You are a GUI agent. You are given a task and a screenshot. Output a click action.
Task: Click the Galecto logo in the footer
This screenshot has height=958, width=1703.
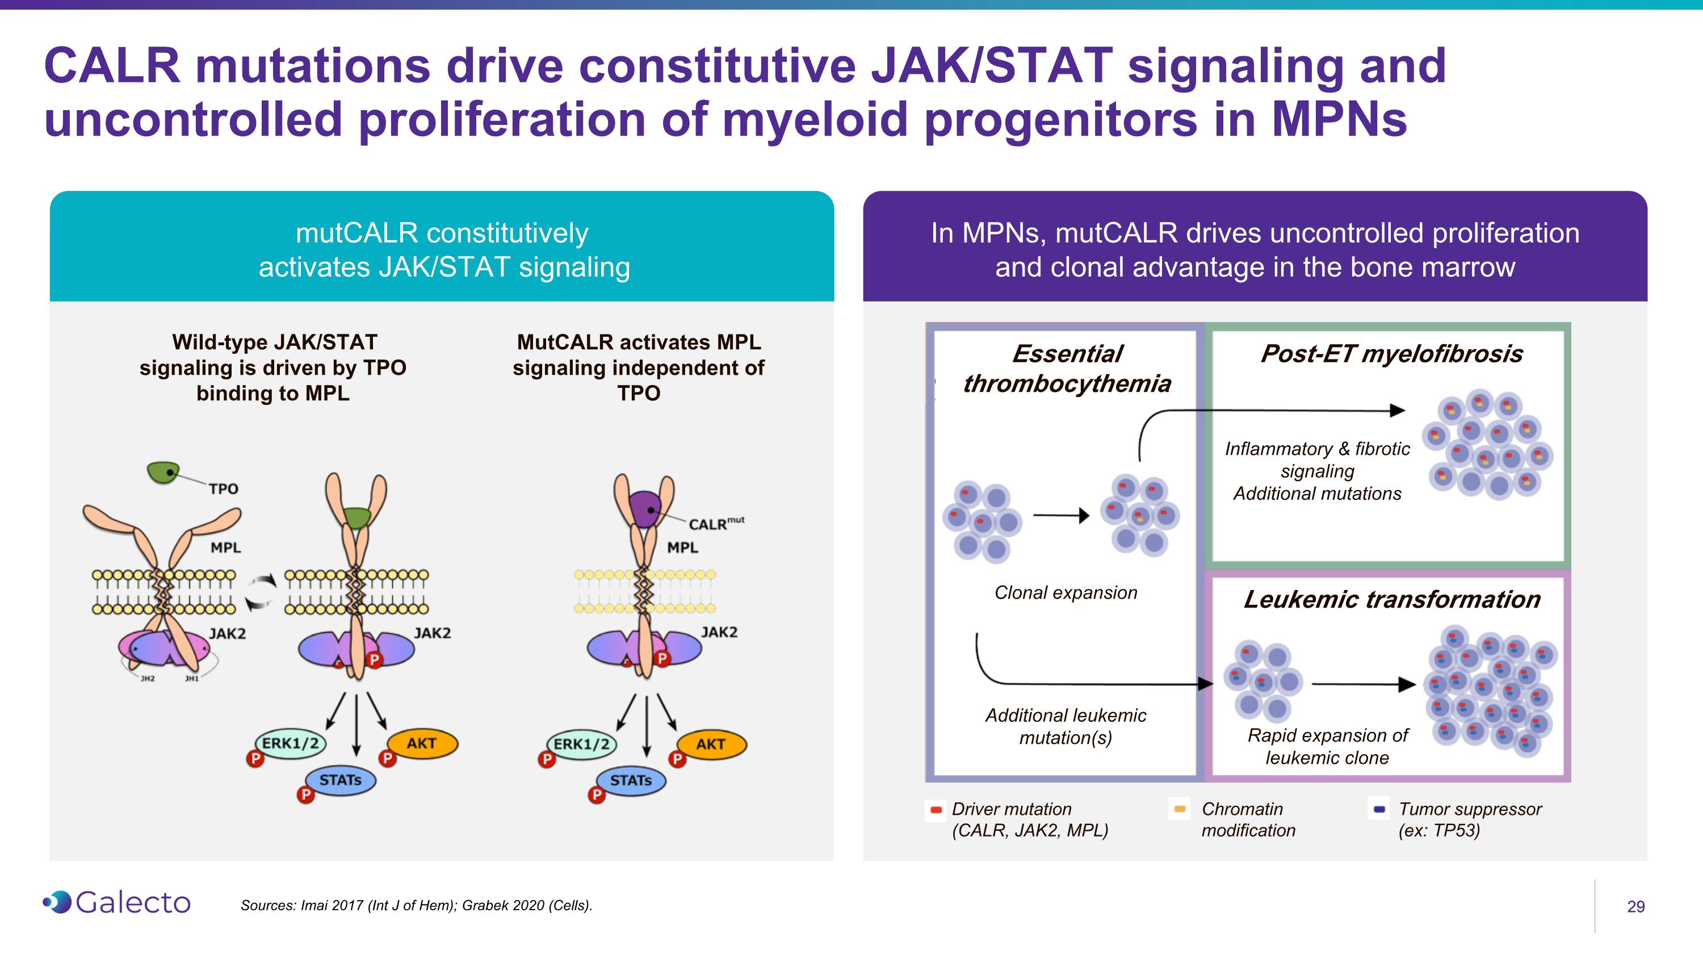coord(116,902)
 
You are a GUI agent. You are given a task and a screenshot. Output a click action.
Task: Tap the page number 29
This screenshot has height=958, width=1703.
coord(1635,906)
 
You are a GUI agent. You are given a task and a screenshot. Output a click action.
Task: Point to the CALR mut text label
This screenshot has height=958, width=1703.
coord(716,524)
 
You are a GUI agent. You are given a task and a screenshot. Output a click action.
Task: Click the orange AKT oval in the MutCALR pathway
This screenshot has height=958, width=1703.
coord(712,744)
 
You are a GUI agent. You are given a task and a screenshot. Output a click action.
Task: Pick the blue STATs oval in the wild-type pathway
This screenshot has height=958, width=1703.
coord(341,780)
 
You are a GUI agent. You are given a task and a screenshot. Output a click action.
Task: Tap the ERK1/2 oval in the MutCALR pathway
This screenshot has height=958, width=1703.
coord(582,744)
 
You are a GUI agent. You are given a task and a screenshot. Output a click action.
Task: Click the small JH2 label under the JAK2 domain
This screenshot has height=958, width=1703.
coord(148,679)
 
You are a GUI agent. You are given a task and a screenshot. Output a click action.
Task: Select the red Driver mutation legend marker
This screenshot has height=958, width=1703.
coord(936,810)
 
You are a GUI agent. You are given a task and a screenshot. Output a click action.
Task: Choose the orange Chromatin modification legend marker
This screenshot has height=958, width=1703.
coord(1180,809)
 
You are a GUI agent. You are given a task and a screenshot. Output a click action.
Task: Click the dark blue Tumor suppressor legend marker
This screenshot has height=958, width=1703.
coord(1379,809)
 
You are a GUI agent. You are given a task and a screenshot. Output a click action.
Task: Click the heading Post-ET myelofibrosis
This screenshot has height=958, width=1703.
coord(1391,354)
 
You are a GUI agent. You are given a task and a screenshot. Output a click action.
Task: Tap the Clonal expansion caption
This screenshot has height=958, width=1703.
coord(1066,592)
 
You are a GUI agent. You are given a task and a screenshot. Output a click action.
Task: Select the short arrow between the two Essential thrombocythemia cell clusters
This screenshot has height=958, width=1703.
coord(1061,515)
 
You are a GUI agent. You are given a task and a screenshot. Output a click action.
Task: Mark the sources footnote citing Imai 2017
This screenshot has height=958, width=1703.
coord(417,905)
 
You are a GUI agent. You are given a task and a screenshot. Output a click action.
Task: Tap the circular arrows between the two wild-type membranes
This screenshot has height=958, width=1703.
coord(262,591)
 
